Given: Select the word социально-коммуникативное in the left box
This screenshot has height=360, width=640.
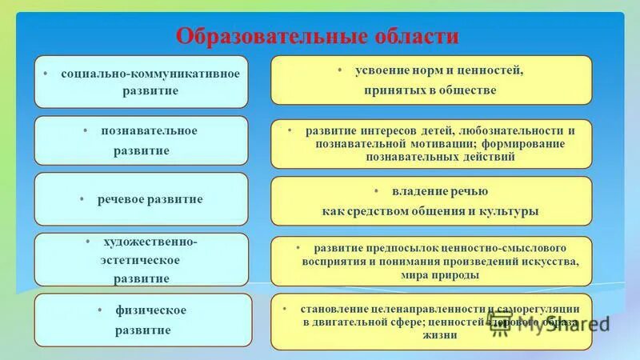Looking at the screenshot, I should pos(150,74).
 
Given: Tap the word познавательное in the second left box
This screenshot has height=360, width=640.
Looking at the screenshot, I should pos(149,130).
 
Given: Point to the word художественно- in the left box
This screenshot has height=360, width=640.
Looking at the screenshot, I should pos(150,242).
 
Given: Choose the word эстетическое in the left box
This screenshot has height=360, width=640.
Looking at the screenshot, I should pos(140,260).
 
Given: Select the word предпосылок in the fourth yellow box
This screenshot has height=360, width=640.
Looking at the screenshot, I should pos(395,248).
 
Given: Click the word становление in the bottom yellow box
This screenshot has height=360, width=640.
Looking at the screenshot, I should pos(334,309).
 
